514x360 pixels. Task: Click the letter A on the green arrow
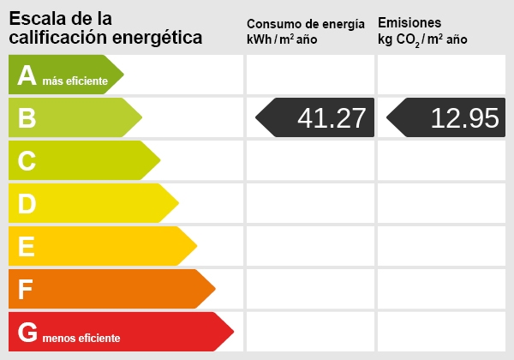click(27, 75)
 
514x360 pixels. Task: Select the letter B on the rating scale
click(27, 118)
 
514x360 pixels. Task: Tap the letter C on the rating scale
click(27, 161)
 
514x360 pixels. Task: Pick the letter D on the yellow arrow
click(27, 204)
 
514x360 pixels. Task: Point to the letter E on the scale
click(27, 247)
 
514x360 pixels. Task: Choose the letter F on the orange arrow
click(26, 290)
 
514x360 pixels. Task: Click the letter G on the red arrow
click(27, 333)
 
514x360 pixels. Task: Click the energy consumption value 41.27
click(331, 118)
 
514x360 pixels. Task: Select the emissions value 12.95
click(464, 118)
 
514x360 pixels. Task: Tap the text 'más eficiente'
click(75, 81)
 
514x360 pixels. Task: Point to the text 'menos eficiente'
click(81, 338)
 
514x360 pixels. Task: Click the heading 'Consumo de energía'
click(311, 23)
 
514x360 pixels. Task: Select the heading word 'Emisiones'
click(409, 22)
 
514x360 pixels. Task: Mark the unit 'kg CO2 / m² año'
click(421, 39)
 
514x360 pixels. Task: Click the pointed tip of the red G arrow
click(233, 332)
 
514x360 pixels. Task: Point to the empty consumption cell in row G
click(310, 332)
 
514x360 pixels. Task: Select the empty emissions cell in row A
click(441, 75)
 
